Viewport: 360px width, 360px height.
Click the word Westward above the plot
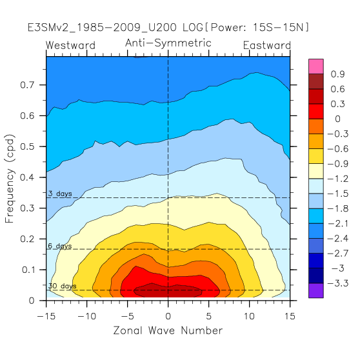point(70,45)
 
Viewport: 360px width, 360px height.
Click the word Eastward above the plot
point(267,45)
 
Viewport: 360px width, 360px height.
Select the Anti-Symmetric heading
point(168,43)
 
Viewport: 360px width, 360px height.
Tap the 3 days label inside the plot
point(60,194)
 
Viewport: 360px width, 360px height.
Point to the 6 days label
point(60,246)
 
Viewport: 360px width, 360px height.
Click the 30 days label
point(62,286)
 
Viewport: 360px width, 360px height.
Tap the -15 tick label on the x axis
point(46,316)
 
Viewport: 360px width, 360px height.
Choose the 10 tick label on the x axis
point(249,316)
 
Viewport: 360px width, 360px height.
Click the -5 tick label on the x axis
point(128,316)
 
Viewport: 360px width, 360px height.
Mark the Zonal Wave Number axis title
point(168,330)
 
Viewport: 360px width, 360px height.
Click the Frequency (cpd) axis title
point(10,179)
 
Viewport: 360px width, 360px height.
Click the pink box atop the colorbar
point(316,66)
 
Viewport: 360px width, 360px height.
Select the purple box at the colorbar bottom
point(316,290)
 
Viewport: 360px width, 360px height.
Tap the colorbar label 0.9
point(337,74)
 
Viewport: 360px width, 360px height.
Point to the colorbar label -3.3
point(337,283)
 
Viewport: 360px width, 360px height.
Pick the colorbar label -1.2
point(337,179)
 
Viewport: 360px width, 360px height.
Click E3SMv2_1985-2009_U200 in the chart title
point(102,28)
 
